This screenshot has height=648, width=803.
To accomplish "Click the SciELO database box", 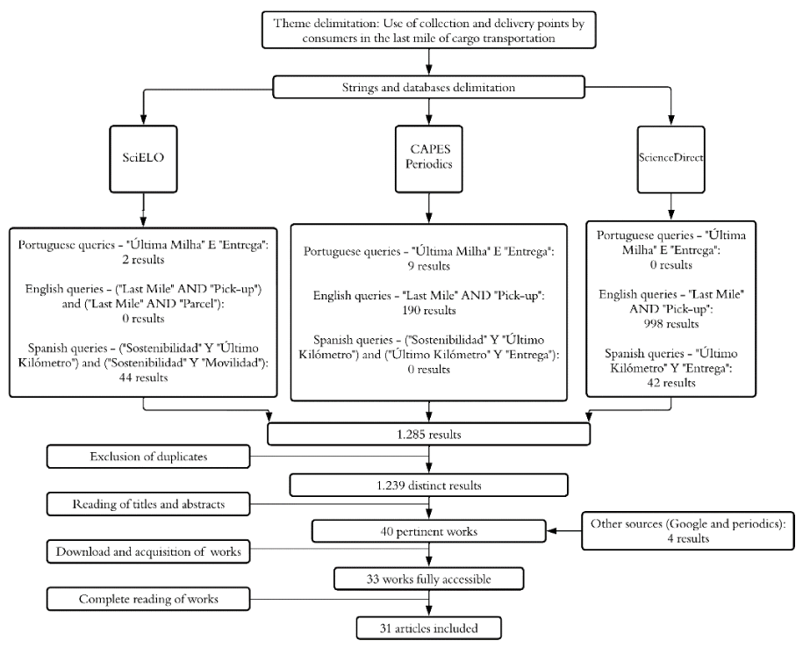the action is click(x=143, y=159).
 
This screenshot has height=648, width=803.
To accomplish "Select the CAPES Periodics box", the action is click(x=428, y=159).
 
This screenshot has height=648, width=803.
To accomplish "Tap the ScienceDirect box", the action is click(x=670, y=160).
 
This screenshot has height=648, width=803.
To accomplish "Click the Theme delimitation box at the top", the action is click(x=428, y=30).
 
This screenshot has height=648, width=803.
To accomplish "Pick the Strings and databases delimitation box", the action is click(x=428, y=87).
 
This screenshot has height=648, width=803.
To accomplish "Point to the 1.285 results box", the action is click(x=428, y=435).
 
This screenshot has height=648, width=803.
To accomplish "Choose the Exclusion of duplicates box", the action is click(x=148, y=457).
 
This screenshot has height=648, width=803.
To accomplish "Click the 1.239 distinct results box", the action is click(x=428, y=485).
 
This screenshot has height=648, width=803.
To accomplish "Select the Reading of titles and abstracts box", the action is click(x=148, y=504).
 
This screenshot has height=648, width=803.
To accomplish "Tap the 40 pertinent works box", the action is click(x=428, y=531).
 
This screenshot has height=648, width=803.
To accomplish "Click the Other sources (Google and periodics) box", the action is click(x=688, y=530).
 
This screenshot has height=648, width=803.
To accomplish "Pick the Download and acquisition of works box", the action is click(x=148, y=551).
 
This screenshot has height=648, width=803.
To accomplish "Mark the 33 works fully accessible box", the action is click(x=428, y=579).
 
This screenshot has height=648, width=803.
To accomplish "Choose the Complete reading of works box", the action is click(x=148, y=599).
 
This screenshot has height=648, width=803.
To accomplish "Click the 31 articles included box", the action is click(x=428, y=628).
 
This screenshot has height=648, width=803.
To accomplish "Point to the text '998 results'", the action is click(x=670, y=324).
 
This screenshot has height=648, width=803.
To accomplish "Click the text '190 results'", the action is click(x=428, y=311).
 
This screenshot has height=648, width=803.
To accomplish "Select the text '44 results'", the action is click(x=143, y=378).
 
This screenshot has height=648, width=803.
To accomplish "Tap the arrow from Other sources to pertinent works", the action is click(x=563, y=531).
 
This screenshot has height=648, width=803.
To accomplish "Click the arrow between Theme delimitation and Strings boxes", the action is click(x=428, y=62).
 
